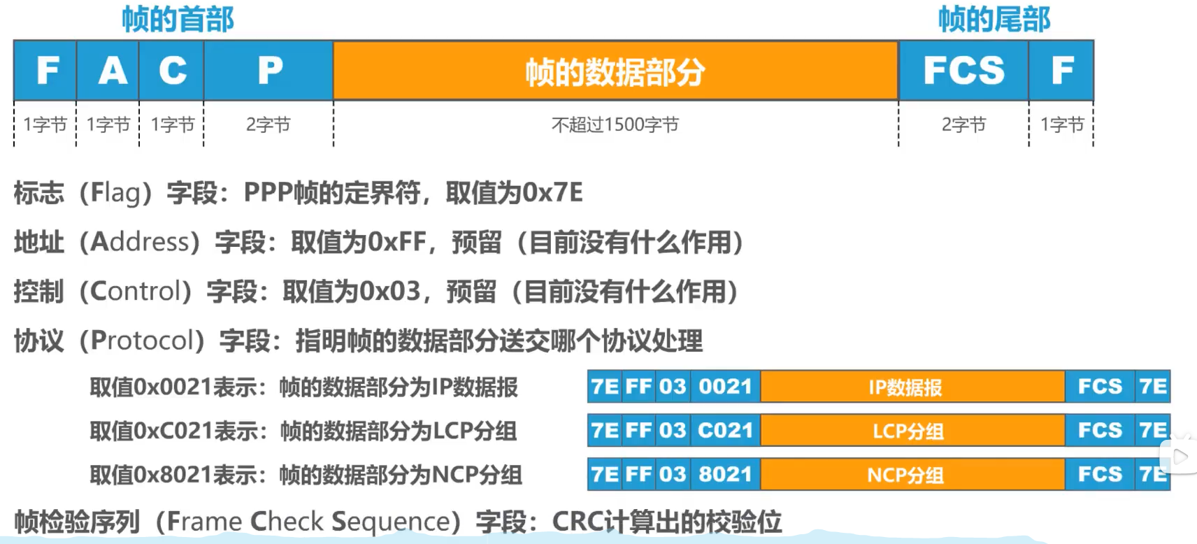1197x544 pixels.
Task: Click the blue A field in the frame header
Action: pyautogui.click(x=108, y=71)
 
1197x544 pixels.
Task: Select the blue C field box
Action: pyautogui.click(x=171, y=71)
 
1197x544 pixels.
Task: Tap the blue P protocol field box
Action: pyautogui.click(x=269, y=71)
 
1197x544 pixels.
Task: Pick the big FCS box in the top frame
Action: pyautogui.click(x=963, y=71)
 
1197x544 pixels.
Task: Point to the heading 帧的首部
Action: pyautogui.click(x=178, y=19)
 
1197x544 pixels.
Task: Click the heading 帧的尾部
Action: pyautogui.click(x=994, y=19)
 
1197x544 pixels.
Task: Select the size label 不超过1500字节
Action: pyautogui.click(x=615, y=125)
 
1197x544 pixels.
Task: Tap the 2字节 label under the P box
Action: pyautogui.click(x=268, y=125)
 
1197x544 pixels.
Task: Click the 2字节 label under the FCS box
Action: pyautogui.click(x=963, y=125)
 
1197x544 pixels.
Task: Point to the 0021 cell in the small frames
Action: pyautogui.click(x=725, y=387)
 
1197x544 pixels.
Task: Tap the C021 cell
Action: pyautogui.click(x=725, y=431)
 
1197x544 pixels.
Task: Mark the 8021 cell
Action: pyautogui.click(x=725, y=475)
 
